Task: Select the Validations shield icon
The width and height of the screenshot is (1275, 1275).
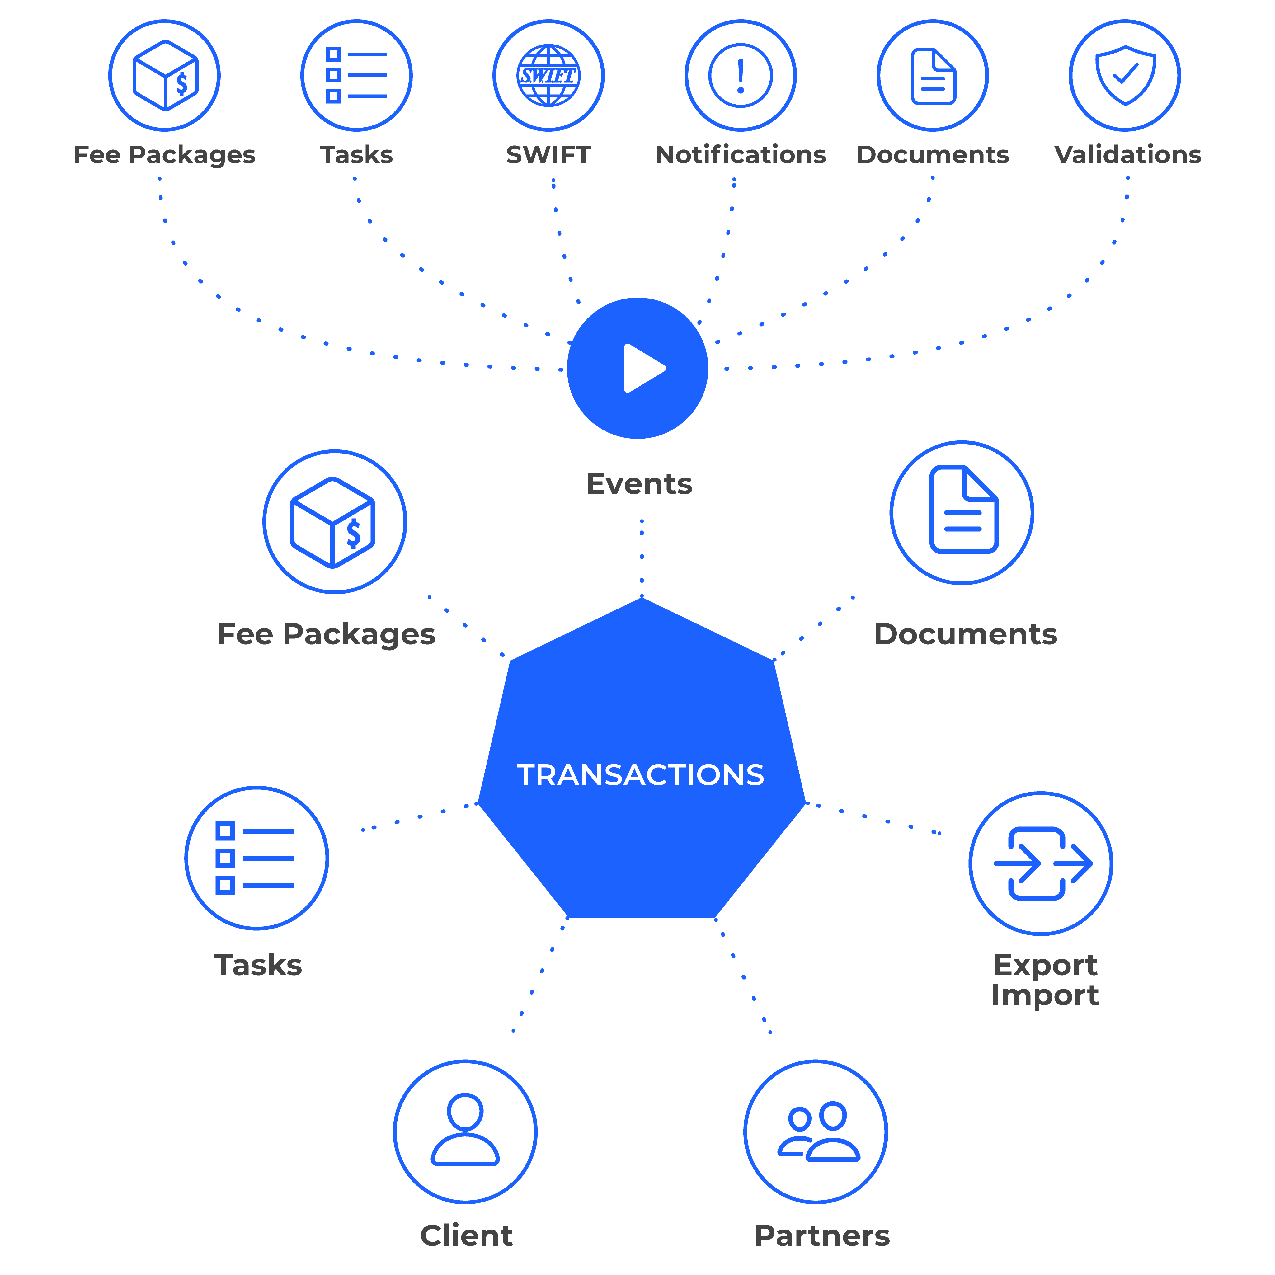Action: tap(1125, 75)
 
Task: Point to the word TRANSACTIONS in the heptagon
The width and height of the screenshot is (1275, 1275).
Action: tap(640, 775)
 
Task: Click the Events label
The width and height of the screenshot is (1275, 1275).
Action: tap(639, 484)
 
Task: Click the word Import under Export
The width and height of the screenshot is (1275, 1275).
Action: tap(1045, 995)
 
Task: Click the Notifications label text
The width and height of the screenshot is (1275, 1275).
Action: tap(741, 154)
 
